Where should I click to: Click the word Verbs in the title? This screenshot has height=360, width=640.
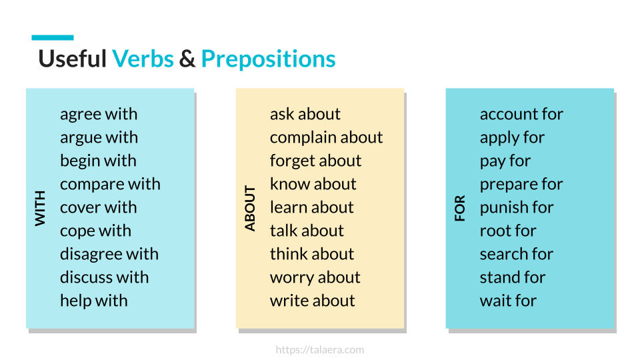[143, 59]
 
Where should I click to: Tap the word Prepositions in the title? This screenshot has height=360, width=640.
[268, 59]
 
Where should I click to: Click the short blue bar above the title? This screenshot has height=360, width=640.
[53, 38]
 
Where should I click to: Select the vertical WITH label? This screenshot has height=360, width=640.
[41, 207]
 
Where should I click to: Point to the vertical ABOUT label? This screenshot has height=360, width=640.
[250, 209]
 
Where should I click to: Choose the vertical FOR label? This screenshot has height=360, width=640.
[460, 209]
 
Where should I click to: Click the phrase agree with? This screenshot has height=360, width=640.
[99, 114]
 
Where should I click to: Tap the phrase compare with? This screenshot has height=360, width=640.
[110, 184]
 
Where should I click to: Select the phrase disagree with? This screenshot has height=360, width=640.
[109, 254]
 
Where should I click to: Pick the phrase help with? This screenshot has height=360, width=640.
[93, 301]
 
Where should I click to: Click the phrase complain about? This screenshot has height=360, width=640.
[326, 137]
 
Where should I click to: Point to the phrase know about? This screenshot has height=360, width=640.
[313, 184]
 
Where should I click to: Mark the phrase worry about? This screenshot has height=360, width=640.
[315, 277]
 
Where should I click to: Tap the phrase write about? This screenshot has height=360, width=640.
[312, 301]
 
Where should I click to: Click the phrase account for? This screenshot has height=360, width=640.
[521, 114]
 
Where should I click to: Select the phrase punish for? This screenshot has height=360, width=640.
[517, 207]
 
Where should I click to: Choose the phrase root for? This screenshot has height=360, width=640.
[508, 231]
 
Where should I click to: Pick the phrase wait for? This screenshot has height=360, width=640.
[508, 301]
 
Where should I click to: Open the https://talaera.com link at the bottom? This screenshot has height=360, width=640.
[320, 349]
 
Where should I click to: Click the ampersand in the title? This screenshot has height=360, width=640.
[187, 59]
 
